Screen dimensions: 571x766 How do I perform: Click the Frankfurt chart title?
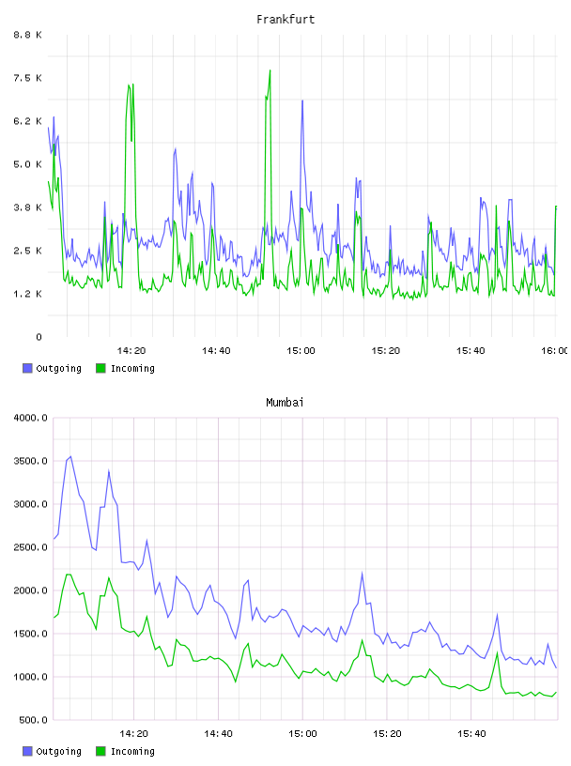285,20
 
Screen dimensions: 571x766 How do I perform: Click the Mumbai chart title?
285,403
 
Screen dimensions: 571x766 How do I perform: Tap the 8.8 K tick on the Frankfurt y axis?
28,35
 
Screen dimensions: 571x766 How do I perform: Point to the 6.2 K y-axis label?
28,121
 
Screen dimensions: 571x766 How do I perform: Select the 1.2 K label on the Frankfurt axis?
28,294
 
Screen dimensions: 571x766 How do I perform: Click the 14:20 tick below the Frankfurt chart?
131,350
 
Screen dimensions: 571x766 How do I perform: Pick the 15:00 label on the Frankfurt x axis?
301,350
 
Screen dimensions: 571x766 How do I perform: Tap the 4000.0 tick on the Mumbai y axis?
31,418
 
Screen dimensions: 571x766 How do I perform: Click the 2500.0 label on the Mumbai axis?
31,547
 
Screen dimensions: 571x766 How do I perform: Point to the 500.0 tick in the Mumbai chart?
34,720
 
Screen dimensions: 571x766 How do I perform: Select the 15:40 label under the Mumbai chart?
471,733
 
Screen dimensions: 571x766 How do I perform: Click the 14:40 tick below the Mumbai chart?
218,733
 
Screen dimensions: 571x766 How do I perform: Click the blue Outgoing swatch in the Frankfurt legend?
27,368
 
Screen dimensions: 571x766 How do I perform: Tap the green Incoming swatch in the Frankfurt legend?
100,368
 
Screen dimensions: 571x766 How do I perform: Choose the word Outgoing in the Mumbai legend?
58,751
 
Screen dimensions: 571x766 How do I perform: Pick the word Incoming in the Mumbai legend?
132,751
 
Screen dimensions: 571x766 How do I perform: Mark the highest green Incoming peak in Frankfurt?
270,70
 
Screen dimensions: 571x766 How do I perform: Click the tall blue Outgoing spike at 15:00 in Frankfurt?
302,100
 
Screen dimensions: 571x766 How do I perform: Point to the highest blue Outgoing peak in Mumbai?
70,457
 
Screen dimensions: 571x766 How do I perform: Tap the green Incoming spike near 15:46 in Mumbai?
498,652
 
